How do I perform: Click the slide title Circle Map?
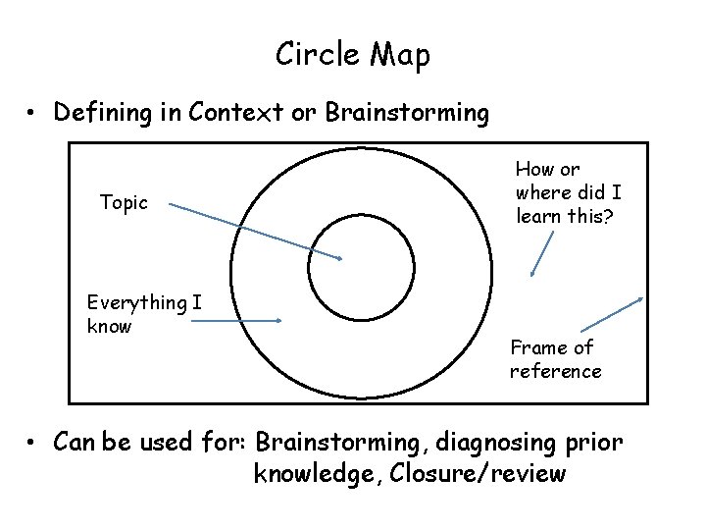click(x=352, y=55)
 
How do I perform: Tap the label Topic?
click(x=124, y=203)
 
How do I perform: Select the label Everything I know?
click(x=143, y=314)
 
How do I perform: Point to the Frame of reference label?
click(x=555, y=359)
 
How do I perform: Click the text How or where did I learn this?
click(x=568, y=192)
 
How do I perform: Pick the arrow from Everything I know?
click(x=235, y=320)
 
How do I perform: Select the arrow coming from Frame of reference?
click(x=612, y=314)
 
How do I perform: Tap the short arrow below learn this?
click(x=541, y=255)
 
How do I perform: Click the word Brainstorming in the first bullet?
click(x=407, y=113)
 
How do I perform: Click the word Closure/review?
click(x=477, y=475)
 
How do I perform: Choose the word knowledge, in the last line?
click(x=317, y=475)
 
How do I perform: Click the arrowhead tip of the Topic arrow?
click(x=341, y=259)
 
